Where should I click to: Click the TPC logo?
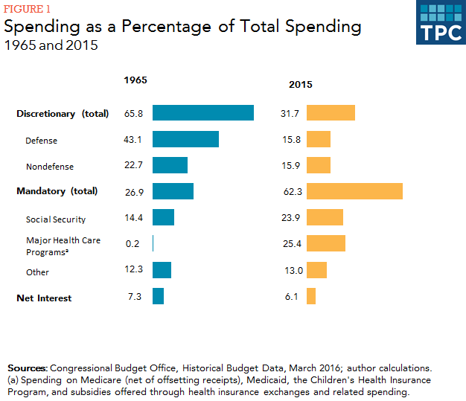point(440,23)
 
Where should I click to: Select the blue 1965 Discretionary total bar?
point(202,113)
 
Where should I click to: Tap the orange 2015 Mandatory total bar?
point(354,191)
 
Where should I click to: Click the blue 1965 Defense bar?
point(185,140)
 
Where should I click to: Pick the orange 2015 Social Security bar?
point(325,218)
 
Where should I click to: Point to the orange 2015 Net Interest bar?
point(311,296)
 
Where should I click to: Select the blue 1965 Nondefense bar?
point(170,165)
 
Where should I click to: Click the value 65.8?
point(134,114)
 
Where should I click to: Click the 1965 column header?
point(135,80)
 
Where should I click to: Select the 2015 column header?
point(300,84)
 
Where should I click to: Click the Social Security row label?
point(56,219)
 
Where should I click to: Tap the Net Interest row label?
point(44,298)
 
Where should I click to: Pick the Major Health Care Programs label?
point(63,246)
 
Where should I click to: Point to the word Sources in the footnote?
point(26,368)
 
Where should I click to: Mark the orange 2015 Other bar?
point(316,269)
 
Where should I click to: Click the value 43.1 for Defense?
point(134,140)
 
